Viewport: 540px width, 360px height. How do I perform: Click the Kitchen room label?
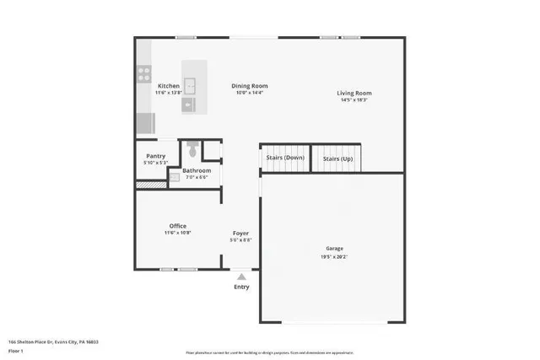(166, 86)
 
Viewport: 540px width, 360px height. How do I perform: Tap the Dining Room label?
(250, 86)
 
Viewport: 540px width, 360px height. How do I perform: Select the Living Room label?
(354, 94)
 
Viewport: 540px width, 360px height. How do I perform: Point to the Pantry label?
(155, 156)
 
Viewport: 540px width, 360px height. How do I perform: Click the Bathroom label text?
(197, 171)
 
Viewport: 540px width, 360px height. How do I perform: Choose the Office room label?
(177, 226)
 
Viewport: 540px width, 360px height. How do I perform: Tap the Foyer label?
(241, 233)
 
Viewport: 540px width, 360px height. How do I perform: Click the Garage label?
(335, 249)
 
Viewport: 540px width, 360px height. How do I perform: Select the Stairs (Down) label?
(284, 158)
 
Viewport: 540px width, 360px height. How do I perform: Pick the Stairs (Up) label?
(337, 158)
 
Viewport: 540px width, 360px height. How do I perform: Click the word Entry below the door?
(242, 287)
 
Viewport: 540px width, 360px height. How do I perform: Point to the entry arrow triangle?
(242, 276)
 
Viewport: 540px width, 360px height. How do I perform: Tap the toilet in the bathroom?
(193, 150)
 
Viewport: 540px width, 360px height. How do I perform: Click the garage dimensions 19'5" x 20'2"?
(335, 255)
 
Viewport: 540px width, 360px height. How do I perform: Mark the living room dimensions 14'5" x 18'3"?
(354, 100)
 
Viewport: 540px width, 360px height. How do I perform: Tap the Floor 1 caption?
(15, 349)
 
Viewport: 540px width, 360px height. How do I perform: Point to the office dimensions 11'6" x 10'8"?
(177, 233)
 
